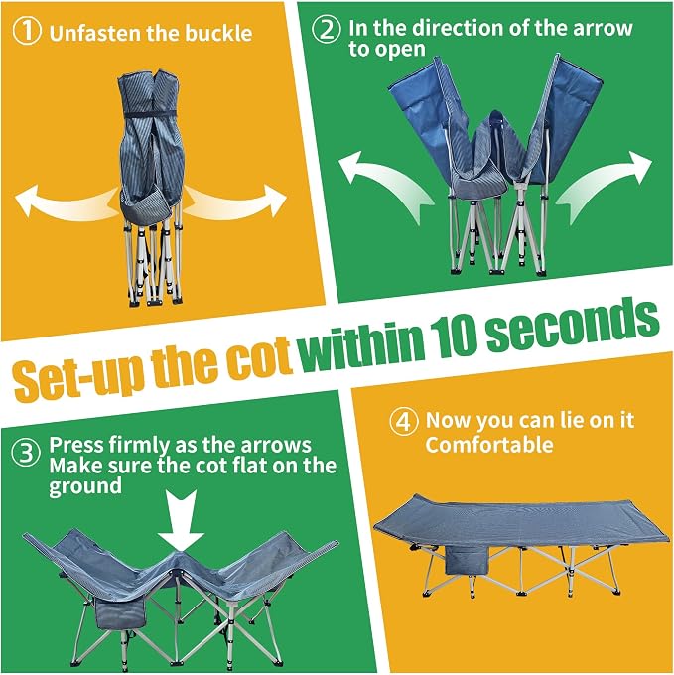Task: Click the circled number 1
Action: (x=27, y=31)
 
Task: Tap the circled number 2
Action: (x=327, y=29)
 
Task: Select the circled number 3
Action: (x=26, y=453)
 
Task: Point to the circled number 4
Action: (x=403, y=422)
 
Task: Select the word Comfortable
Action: (x=489, y=445)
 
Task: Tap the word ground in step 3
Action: (x=85, y=486)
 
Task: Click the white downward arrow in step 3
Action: (x=181, y=521)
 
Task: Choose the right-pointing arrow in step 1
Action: (x=235, y=202)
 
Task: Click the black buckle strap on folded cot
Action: (x=150, y=114)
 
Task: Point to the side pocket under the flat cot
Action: (x=467, y=560)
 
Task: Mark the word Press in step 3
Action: (x=75, y=445)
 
